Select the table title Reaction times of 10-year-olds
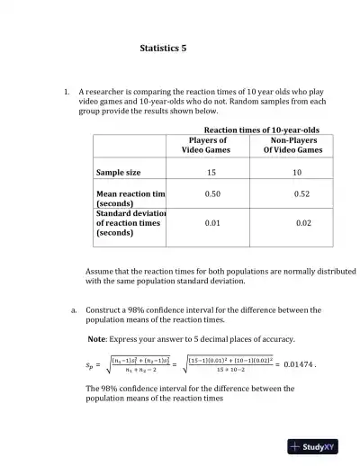point(262,130)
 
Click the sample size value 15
point(211,171)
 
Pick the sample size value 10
point(297,171)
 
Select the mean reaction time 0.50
point(213,194)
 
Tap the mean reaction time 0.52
point(301,194)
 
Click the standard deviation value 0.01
point(211,222)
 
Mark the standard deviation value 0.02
point(303,222)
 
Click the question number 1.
point(67,92)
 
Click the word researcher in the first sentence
point(109,92)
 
